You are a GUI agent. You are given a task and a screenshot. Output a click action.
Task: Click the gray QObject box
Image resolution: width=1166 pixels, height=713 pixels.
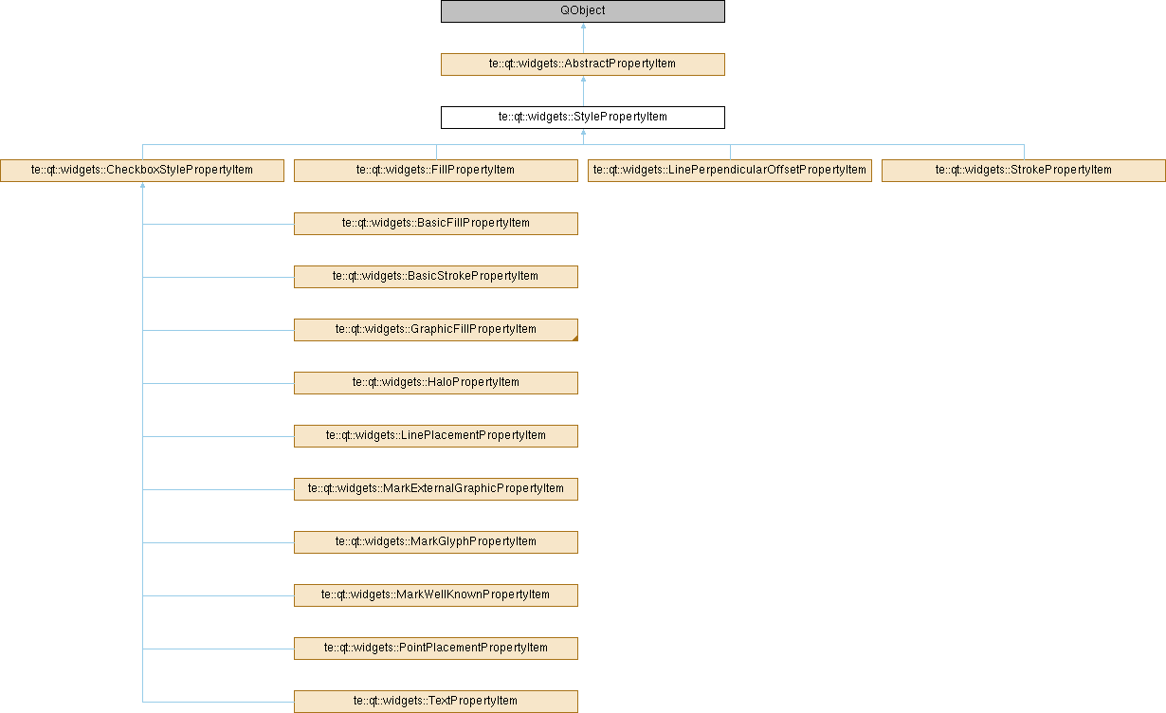coord(582,11)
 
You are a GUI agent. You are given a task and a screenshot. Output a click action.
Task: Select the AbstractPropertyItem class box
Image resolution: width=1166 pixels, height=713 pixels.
coord(582,64)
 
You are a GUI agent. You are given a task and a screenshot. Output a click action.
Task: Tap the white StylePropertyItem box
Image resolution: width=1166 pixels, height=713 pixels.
coord(582,118)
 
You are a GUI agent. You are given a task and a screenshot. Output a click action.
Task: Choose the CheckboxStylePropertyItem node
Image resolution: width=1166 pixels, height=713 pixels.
coord(142,171)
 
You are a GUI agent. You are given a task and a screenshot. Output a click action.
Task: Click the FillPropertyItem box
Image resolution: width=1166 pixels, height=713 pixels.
coord(436,171)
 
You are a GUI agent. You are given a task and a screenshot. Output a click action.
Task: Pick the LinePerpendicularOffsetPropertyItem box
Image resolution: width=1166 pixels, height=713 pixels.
coord(730,171)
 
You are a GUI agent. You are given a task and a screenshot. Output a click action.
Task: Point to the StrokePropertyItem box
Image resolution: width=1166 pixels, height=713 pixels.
coord(1024,171)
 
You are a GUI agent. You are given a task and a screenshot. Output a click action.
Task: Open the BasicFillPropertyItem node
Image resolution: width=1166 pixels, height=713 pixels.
coord(436,224)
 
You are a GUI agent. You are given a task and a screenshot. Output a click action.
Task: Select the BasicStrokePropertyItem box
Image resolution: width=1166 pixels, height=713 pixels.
coord(436,277)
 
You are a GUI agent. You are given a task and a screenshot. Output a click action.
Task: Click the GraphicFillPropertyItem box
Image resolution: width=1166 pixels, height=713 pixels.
coord(436,330)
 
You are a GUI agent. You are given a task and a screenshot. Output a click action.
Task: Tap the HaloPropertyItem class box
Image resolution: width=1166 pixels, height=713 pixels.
coord(436,383)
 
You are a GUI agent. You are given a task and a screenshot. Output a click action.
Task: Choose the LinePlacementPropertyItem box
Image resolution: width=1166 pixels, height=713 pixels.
coord(436,436)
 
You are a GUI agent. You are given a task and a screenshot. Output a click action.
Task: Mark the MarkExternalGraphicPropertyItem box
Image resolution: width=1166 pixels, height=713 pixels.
coord(436,489)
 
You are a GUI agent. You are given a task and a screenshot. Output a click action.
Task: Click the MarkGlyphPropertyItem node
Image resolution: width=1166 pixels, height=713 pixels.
coord(436,542)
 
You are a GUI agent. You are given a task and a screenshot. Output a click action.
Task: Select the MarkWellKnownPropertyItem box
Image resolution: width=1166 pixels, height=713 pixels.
coord(436,595)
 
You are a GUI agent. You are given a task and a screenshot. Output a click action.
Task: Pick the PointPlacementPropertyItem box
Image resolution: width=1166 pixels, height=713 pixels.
coord(436,649)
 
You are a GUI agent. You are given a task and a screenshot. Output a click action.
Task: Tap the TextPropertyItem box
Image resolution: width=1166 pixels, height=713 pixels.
coord(436,702)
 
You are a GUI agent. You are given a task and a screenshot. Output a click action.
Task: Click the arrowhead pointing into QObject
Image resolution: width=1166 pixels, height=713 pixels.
coord(583,26)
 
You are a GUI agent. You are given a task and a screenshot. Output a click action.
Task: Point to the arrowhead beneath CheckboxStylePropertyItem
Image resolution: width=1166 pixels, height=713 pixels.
coord(142,186)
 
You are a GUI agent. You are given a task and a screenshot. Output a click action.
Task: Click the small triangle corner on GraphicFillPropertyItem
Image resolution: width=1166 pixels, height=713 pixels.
coord(575,338)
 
